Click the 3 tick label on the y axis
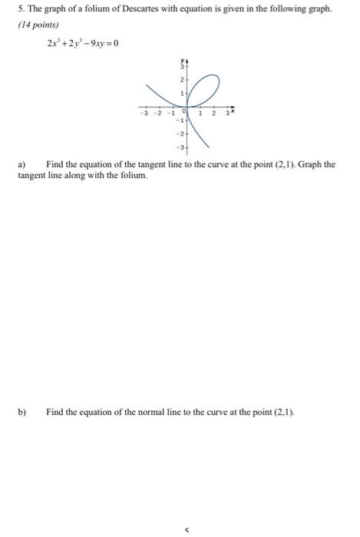point(183,67)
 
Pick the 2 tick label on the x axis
point(214,115)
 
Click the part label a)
point(22,164)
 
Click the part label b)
point(22,411)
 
